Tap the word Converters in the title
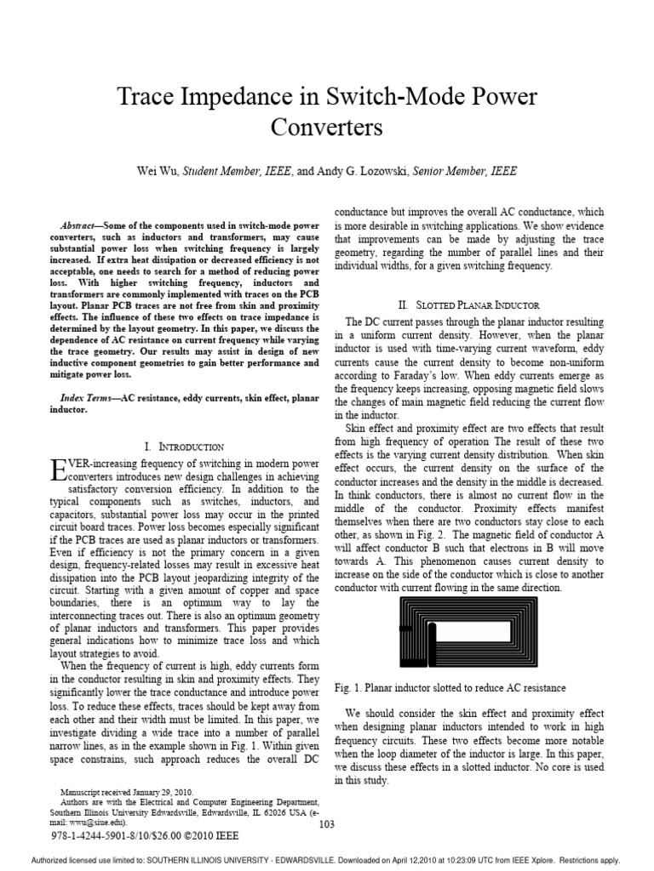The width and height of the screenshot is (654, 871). pyautogui.click(x=327, y=128)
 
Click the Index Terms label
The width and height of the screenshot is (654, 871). pyautogui.click(x=90, y=398)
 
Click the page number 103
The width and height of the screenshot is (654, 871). pyautogui.click(x=327, y=823)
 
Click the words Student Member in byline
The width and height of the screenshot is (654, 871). pyautogui.click(x=224, y=171)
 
